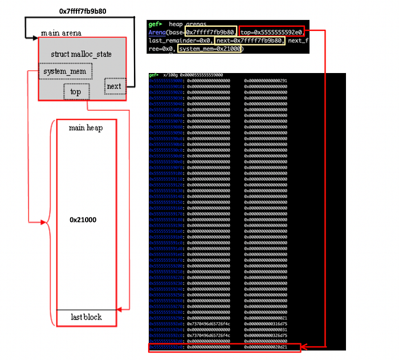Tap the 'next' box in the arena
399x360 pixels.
tap(114, 87)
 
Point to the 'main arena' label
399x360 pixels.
tap(61, 33)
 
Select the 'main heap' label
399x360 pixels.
tap(85, 128)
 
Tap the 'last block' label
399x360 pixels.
tap(86, 317)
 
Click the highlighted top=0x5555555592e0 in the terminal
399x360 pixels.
tap(272, 31)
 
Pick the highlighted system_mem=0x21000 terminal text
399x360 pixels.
tap(210, 49)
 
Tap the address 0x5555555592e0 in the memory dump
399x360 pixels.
tap(166, 346)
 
